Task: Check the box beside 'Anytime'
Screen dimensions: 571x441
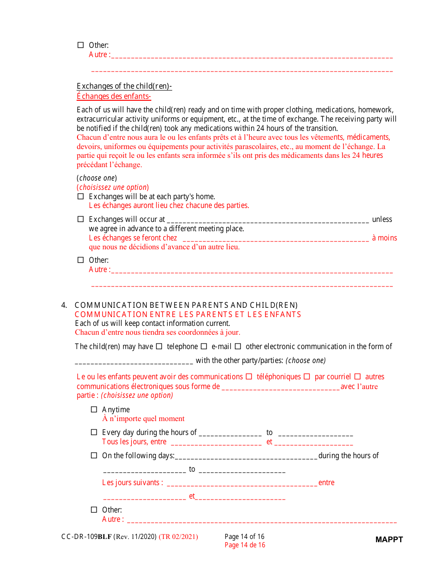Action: tap(94, 409)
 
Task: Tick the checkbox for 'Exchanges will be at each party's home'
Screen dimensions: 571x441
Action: tap(80, 196)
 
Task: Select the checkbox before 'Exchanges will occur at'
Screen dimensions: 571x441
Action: tap(80, 219)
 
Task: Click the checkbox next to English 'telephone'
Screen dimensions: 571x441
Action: tap(159, 346)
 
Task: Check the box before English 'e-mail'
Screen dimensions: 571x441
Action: tap(204, 346)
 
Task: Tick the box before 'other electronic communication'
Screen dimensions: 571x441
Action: tap(238, 346)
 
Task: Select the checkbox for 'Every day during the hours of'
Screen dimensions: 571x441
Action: tap(94, 432)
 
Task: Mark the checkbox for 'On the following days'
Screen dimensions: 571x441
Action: tap(94, 455)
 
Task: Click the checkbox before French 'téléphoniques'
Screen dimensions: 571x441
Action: tap(249, 376)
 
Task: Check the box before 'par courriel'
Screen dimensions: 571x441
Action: tap(307, 376)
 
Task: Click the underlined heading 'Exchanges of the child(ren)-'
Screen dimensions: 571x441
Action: tap(124, 86)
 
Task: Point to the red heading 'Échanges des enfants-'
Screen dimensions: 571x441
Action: tap(114, 97)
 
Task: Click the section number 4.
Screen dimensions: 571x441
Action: tap(64, 305)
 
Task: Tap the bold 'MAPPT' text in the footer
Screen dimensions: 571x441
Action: tap(389, 539)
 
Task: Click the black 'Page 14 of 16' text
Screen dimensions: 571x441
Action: tap(245, 537)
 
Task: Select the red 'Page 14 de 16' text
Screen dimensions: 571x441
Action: tap(245, 545)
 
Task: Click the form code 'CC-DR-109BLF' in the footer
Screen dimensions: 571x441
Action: tap(86, 537)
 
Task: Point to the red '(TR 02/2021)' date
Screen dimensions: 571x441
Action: tap(178, 537)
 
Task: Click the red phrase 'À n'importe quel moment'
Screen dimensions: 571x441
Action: tap(143, 419)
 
